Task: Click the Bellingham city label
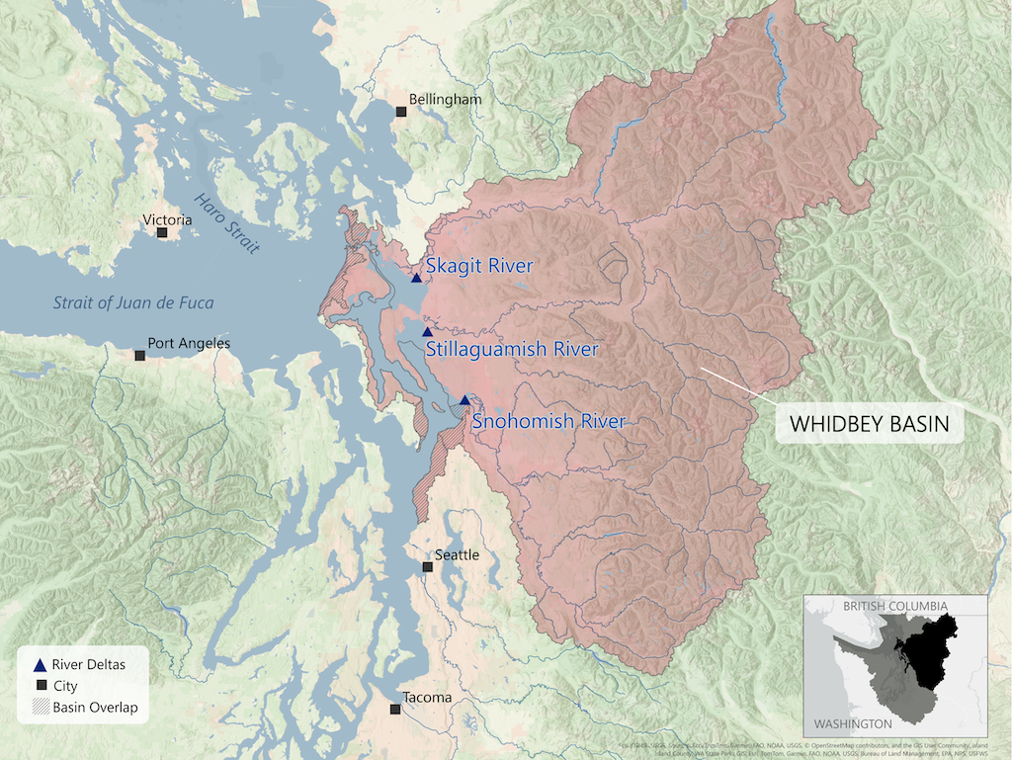447,100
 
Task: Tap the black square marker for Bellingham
400,113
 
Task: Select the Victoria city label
167,219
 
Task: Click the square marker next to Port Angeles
140,355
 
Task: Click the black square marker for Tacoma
395,710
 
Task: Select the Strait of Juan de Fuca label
133,302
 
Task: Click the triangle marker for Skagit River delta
417,279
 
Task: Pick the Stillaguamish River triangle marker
427,332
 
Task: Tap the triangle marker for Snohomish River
464,400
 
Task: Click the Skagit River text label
479,266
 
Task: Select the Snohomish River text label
548,422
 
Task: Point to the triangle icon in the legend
40,665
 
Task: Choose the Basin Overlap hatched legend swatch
40,707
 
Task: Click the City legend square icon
40,686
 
